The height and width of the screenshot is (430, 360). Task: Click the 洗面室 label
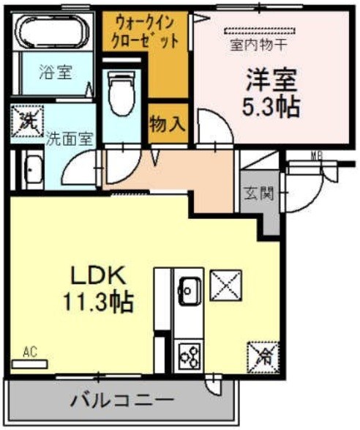point(69,138)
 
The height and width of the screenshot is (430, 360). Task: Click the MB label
point(315,155)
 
